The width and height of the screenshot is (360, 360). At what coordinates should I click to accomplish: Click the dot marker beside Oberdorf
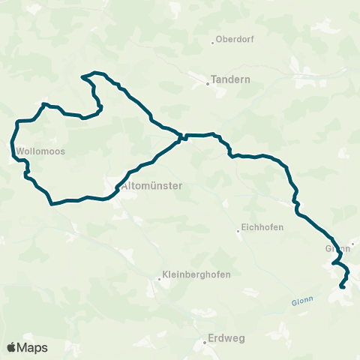tap(212, 40)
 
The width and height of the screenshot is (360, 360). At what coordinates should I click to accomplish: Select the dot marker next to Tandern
tap(208, 84)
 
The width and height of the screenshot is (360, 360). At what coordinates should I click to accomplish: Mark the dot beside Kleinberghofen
tap(159, 279)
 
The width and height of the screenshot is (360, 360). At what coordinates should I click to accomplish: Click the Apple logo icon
tap(11, 347)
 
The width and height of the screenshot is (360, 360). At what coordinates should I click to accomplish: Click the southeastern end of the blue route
tap(342, 286)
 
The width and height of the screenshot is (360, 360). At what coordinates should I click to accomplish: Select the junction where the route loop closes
tap(181, 138)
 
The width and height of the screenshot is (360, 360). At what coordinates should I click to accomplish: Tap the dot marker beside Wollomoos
tap(16, 157)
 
